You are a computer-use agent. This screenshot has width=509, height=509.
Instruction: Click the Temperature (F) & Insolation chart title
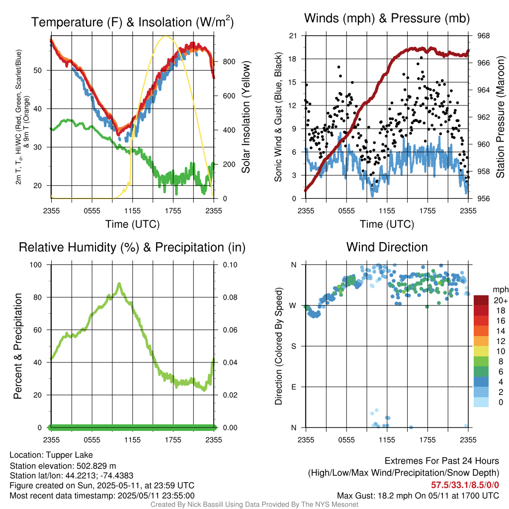(x=132, y=22)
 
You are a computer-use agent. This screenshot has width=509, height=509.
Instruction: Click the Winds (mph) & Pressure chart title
(x=387, y=18)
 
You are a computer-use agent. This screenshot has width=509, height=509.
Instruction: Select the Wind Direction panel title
(x=387, y=247)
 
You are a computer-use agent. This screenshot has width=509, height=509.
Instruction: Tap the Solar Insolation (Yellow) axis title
(x=246, y=117)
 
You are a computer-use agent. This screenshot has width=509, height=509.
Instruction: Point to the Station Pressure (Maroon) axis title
(x=501, y=117)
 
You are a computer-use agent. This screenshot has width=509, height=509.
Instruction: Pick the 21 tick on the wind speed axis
(x=293, y=36)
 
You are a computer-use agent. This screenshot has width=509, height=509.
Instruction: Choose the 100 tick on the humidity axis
(x=39, y=264)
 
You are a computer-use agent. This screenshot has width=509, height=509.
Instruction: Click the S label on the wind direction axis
(x=294, y=346)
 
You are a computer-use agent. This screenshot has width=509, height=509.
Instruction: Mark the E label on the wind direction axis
(x=294, y=387)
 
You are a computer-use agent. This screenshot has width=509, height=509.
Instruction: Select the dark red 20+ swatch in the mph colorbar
(x=481, y=300)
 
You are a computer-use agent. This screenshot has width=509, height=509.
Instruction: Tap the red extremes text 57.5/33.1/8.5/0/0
(x=465, y=485)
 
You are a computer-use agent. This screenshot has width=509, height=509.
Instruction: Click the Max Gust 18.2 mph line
(x=418, y=495)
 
